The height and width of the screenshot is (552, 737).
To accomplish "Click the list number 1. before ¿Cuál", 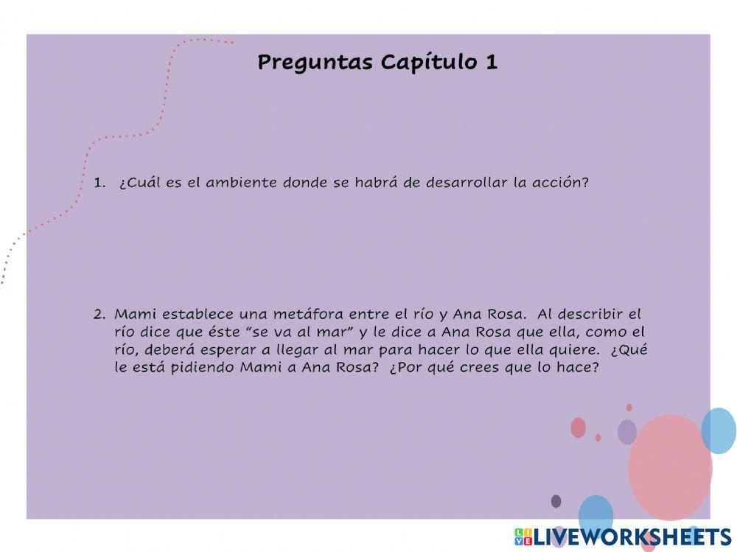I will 100,183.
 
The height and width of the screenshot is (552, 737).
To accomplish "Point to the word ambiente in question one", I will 241,183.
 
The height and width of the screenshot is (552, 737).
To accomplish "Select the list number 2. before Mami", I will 100,314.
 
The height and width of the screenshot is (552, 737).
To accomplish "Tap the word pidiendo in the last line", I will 204,368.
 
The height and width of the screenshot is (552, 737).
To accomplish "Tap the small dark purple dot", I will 556,501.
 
